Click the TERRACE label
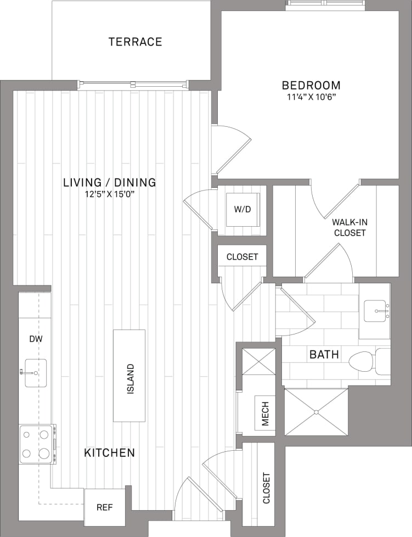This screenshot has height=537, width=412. [x=135, y=42]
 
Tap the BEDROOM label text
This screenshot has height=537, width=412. [x=311, y=86]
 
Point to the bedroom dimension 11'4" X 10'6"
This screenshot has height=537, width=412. [x=311, y=98]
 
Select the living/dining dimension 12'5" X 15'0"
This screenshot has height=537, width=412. [x=109, y=194]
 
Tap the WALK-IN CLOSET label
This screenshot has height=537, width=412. [x=348, y=228]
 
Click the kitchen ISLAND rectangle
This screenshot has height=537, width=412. [x=129, y=376]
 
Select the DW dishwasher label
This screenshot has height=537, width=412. [x=36, y=339]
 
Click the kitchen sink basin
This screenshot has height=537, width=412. [x=36, y=373]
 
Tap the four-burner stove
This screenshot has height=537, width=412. [x=36, y=444]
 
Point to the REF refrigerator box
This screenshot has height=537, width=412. [x=104, y=507]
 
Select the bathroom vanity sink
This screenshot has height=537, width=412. [x=377, y=311]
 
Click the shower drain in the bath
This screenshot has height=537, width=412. [x=317, y=412]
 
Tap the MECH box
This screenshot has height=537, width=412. [x=265, y=412]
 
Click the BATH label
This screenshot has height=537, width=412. [x=324, y=355]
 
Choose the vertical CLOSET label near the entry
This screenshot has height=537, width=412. [x=266, y=488]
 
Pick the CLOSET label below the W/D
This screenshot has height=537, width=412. [x=242, y=256]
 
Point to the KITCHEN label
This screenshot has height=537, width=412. [x=109, y=453]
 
